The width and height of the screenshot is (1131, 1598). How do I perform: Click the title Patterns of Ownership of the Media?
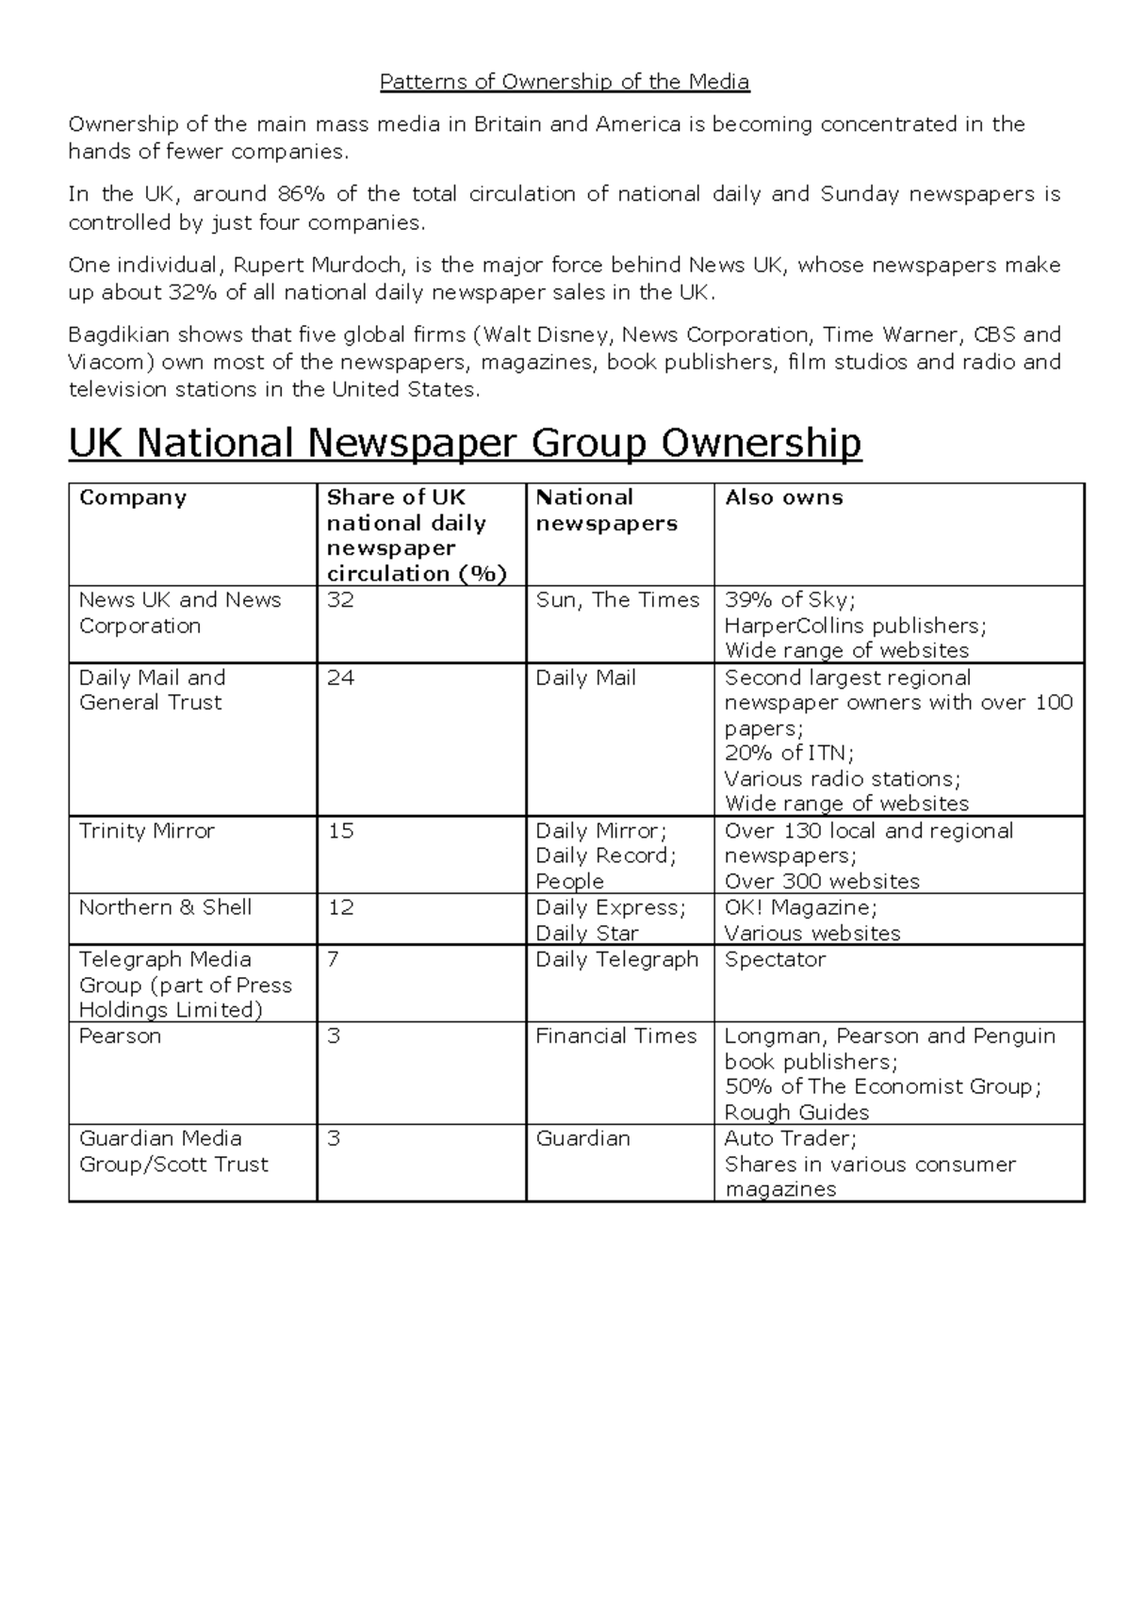coord(565,82)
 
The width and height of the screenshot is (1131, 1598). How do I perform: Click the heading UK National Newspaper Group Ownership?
coord(465,443)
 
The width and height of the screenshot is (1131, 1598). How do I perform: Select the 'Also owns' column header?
coord(783,497)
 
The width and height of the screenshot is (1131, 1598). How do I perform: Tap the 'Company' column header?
coord(133,497)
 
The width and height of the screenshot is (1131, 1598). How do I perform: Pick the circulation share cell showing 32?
coord(340,600)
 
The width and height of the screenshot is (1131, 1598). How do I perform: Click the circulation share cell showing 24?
coord(340,678)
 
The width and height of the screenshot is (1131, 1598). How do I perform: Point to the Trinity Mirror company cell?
coord(147,831)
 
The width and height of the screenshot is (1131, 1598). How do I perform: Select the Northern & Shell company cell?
coord(165,907)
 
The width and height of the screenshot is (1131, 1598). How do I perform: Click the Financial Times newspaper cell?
coord(615,1036)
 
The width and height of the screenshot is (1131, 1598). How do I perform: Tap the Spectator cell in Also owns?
coord(775,959)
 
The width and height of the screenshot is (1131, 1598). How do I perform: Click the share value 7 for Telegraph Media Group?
coord(333,959)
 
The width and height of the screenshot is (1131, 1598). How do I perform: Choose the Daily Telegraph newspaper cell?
coord(616,959)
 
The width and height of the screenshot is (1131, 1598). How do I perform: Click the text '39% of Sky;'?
coord(790,600)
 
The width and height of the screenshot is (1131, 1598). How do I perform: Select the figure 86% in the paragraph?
coord(301,194)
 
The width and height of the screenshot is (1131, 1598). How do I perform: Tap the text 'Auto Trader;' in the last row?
coord(790,1138)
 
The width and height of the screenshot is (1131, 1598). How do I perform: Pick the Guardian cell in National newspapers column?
coord(582,1138)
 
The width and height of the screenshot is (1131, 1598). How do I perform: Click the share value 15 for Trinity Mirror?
coord(340,831)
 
